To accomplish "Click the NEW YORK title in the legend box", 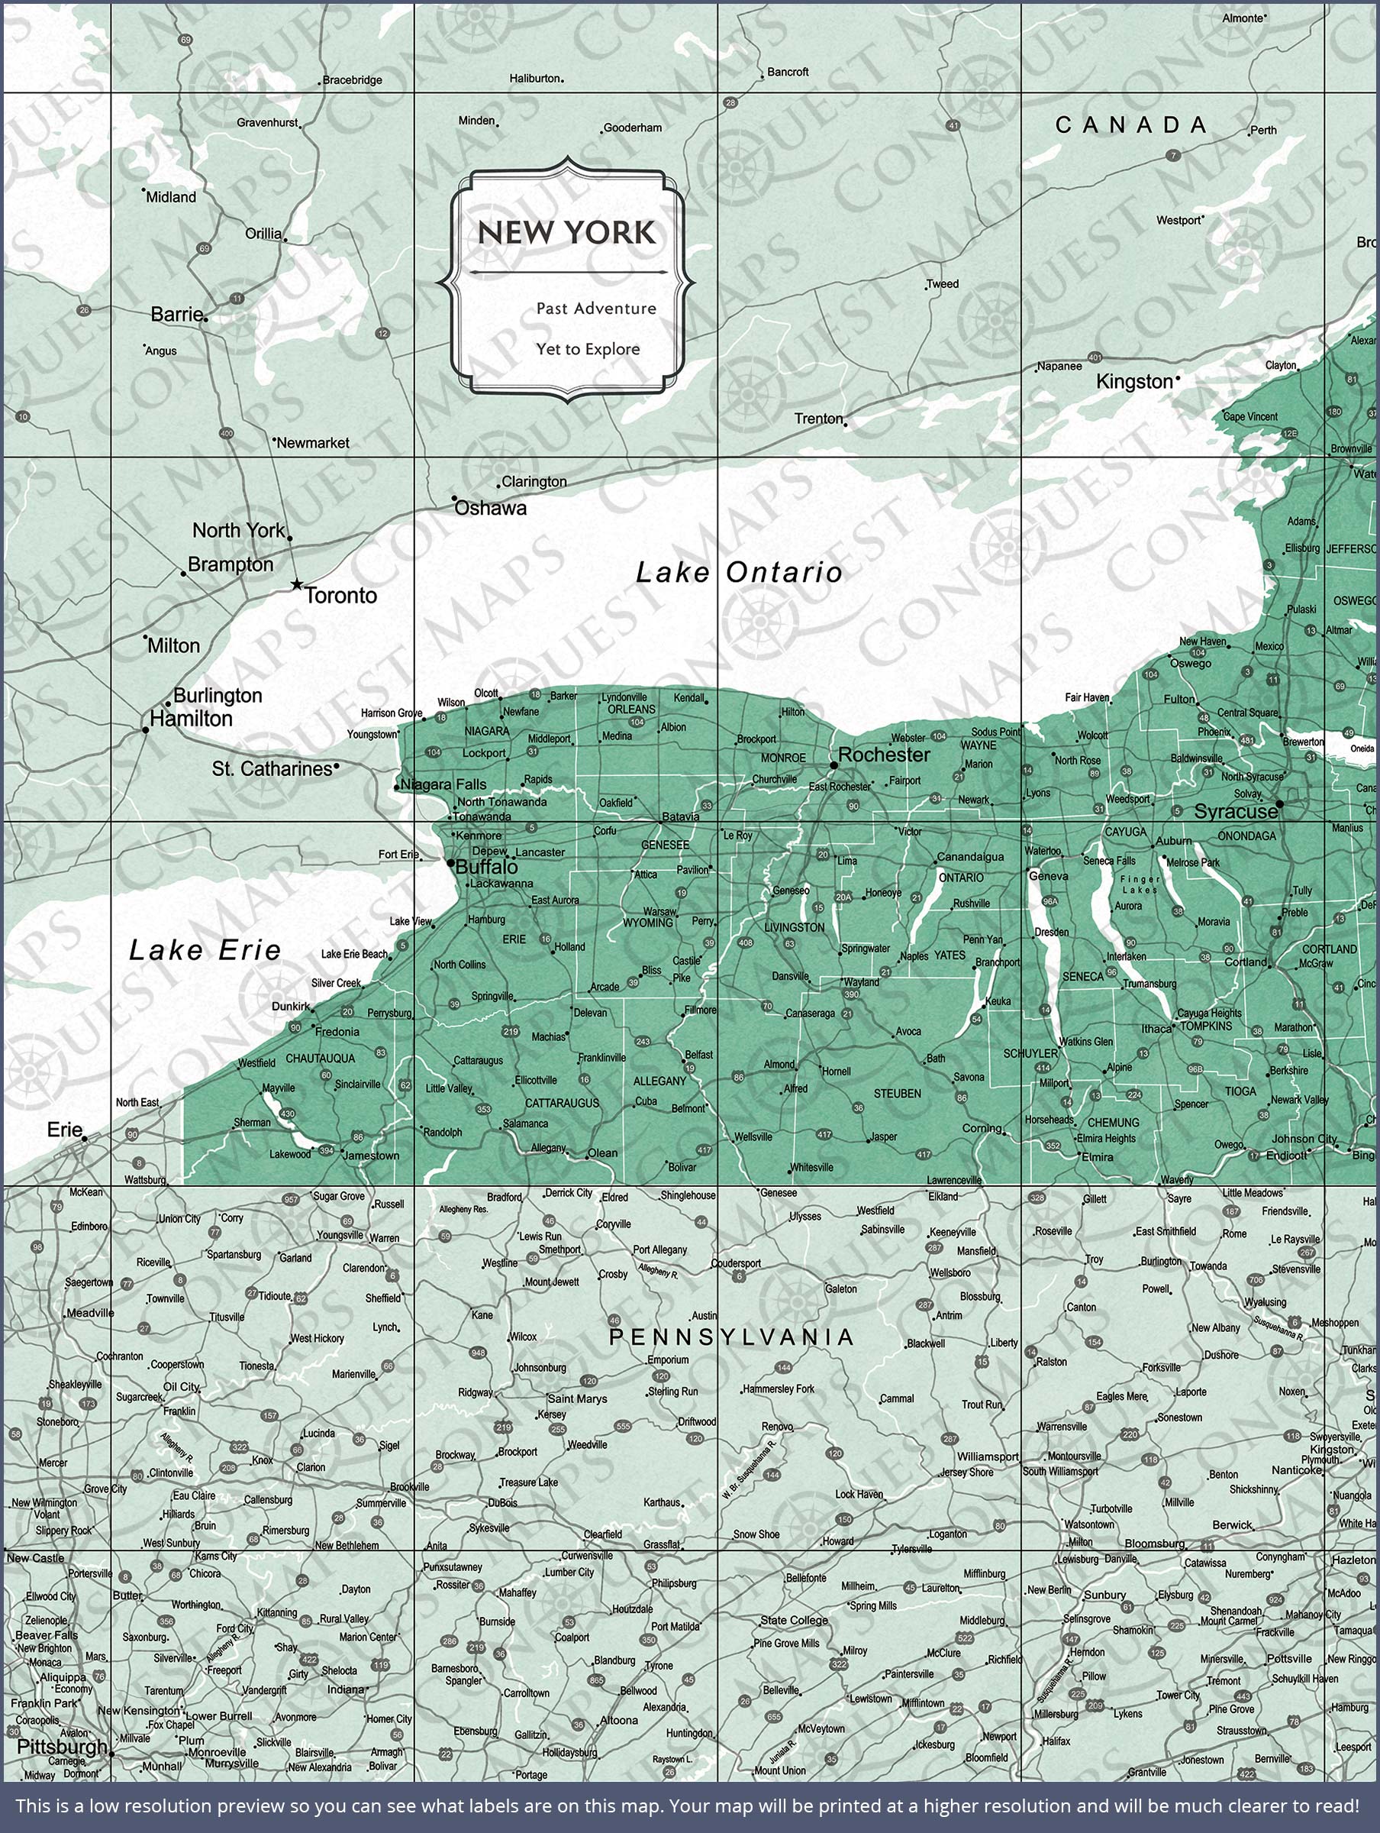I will (x=566, y=233).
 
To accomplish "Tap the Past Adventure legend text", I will (x=595, y=309).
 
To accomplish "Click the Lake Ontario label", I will (x=738, y=572).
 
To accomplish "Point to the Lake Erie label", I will (x=205, y=949).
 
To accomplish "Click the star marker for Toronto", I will (x=297, y=585).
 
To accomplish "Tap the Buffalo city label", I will (x=487, y=867).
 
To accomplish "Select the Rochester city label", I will (x=884, y=754).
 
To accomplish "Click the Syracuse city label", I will (x=1235, y=812).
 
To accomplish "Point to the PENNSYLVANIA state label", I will (x=731, y=1337).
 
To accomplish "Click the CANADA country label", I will (x=1130, y=125).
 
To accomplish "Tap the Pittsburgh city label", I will (x=62, y=1747).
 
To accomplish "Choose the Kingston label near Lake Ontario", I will (x=1134, y=381).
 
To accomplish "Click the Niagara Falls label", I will (x=443, y=784).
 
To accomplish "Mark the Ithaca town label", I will (x=1156, y=1028).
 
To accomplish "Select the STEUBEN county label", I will (x=897, y=1094).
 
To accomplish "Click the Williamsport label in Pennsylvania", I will (x=988, y=1456).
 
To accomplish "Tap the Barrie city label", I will (x=176, y=314).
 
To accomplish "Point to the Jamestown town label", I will (x=372, y=1155).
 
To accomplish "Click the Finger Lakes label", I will (x=1140, y=884).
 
